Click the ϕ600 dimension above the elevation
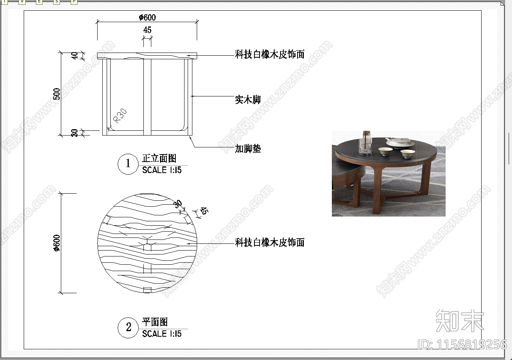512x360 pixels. (x=147, y=17)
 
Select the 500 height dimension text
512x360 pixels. (x=56, y=94)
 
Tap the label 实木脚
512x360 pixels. (x=248, y=100)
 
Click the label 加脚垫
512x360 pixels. (x=248, y=149)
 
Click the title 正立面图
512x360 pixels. (x=159, y=158)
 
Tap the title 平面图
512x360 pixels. (x=155, y=322)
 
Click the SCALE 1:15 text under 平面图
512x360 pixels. (x=162, y=334)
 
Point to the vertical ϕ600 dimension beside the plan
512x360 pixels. (x=56, y=243)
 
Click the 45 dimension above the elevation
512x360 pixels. (x=147, y=30)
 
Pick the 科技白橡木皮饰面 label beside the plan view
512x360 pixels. (x=270, y=243)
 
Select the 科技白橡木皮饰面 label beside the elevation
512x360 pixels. (x=270, y=55)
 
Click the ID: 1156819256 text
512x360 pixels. (x=462, y=345)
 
